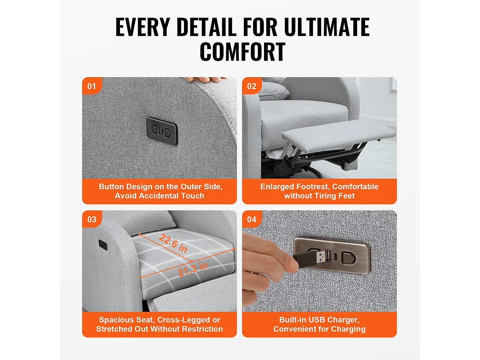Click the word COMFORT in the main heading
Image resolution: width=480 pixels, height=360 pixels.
pyautogui.click(x=242, y=52)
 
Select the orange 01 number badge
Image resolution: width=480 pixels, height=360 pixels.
pyautogui.click(x=92, y=86)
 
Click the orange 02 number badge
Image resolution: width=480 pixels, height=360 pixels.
pyautogui.click(x=252, y=86)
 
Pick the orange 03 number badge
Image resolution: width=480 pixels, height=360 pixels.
pyautogui.click(x=92, y=219)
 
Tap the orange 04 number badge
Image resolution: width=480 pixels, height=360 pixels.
pyautogui.click(x=252, y=219)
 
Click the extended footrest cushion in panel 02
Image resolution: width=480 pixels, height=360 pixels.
pyautogui.click(x=339, y=134)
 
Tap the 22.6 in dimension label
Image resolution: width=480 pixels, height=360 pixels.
pyautogui.click(x=173, y=243)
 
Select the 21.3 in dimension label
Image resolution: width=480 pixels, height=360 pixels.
pyautogui.click(x=193, y=269)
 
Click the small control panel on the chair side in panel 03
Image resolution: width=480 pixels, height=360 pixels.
pyautogui.click(x=103, y=245)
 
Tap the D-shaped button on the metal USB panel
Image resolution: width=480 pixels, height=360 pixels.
pyautogui.click(x=348, y=258)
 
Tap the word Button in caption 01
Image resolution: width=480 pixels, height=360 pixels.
pyautogui.click(x=111, y=187)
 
